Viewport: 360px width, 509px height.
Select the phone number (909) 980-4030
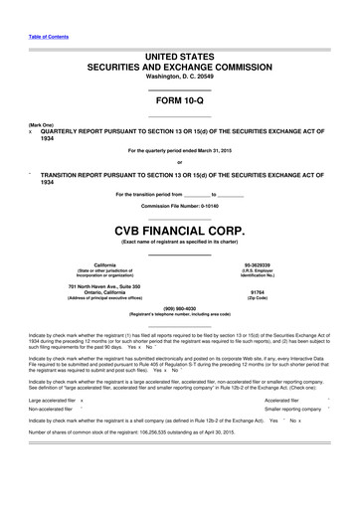[179, 307]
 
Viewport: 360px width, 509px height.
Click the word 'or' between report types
[179, 163]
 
